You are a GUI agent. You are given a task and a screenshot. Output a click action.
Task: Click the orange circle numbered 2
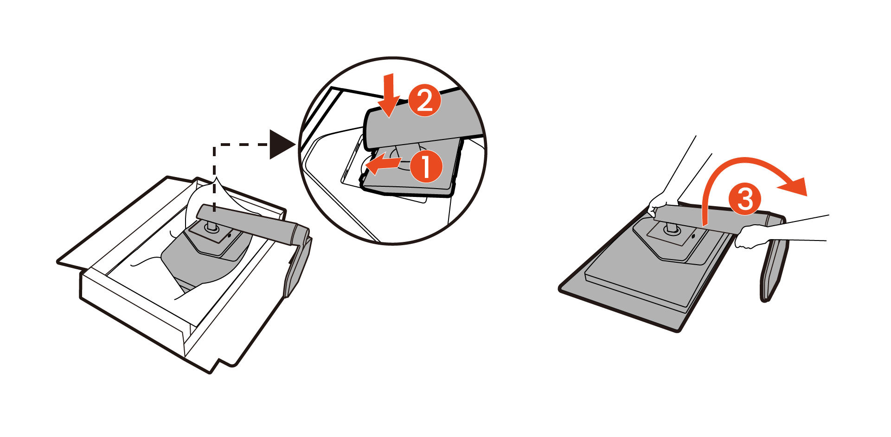tap(424, 101)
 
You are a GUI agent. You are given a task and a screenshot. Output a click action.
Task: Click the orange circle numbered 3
tap(744, 200)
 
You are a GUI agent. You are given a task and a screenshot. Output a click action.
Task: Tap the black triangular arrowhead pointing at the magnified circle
tap(281, 145)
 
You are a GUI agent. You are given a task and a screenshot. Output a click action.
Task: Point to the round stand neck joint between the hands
tap(671, 228)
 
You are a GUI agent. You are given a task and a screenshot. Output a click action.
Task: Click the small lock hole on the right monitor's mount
tap(693, 236)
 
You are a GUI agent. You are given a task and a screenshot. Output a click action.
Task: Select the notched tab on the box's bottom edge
tap(218, 364)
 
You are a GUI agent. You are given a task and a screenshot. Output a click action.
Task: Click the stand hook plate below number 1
tap(408, 185)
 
